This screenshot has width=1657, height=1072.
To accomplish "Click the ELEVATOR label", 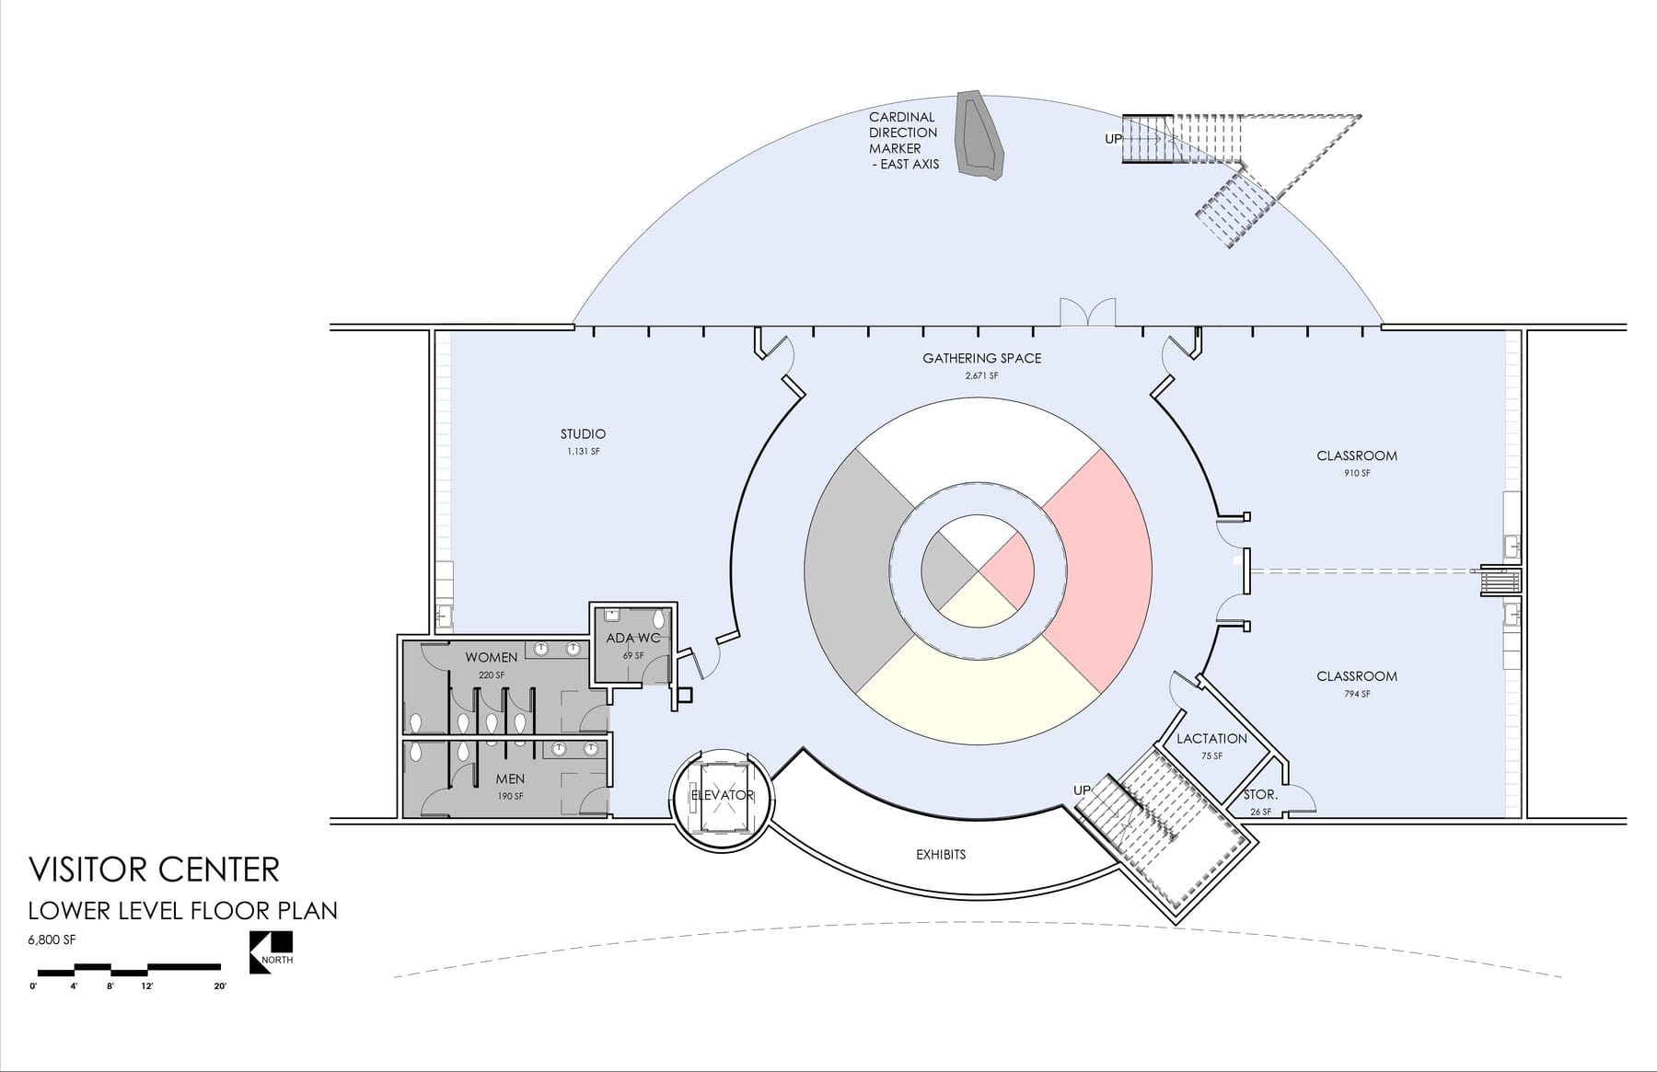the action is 723,795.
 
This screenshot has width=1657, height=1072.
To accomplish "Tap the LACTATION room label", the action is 1211,739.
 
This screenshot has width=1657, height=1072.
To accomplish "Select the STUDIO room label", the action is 583,434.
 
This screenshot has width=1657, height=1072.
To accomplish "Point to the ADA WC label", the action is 633,639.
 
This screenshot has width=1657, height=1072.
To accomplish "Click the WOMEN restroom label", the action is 491,658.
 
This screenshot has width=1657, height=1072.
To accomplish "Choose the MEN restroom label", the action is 510,779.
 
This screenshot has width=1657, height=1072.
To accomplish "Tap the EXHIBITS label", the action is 941,855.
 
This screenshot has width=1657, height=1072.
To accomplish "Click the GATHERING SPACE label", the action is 982,359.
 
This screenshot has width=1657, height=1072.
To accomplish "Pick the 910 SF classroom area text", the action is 1357,473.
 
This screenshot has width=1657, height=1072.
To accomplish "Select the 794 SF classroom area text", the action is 1357,694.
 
